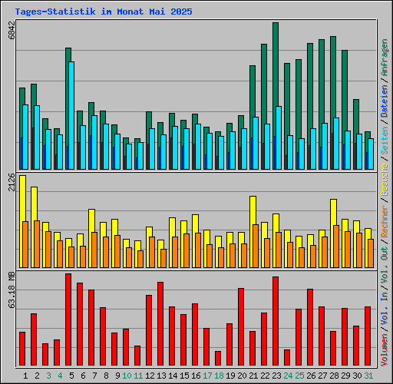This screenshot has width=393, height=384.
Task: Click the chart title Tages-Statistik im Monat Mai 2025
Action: coord(104,12)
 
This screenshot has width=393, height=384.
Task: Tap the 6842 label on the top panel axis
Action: coord(11,31)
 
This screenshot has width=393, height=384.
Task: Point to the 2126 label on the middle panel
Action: coord(11,184)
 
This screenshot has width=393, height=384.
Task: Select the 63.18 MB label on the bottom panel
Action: coord(11,290)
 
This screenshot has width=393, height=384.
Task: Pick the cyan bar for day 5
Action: coord(71,115)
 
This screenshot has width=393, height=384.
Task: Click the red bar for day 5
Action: coord(68,319)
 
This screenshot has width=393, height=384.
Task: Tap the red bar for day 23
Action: coord(276,321)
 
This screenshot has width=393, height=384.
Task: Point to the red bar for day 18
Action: coord(218,358)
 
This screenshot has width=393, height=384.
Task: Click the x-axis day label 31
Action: coord(368,376)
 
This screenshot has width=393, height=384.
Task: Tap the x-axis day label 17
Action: coord(207,376)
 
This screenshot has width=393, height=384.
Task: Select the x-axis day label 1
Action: coord(26,376)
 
